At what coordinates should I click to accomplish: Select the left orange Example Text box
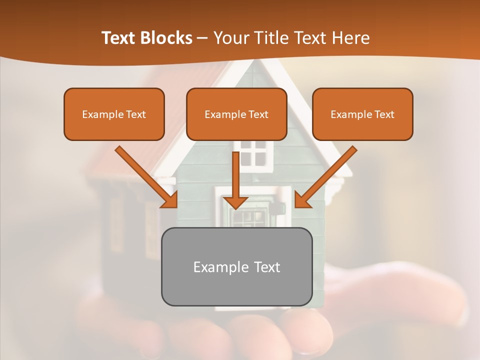click(114, 114)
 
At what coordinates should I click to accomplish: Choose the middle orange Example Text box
click(236, 114)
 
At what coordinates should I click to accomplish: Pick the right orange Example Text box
click(362, 114)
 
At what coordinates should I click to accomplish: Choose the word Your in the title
click(227, 38)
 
